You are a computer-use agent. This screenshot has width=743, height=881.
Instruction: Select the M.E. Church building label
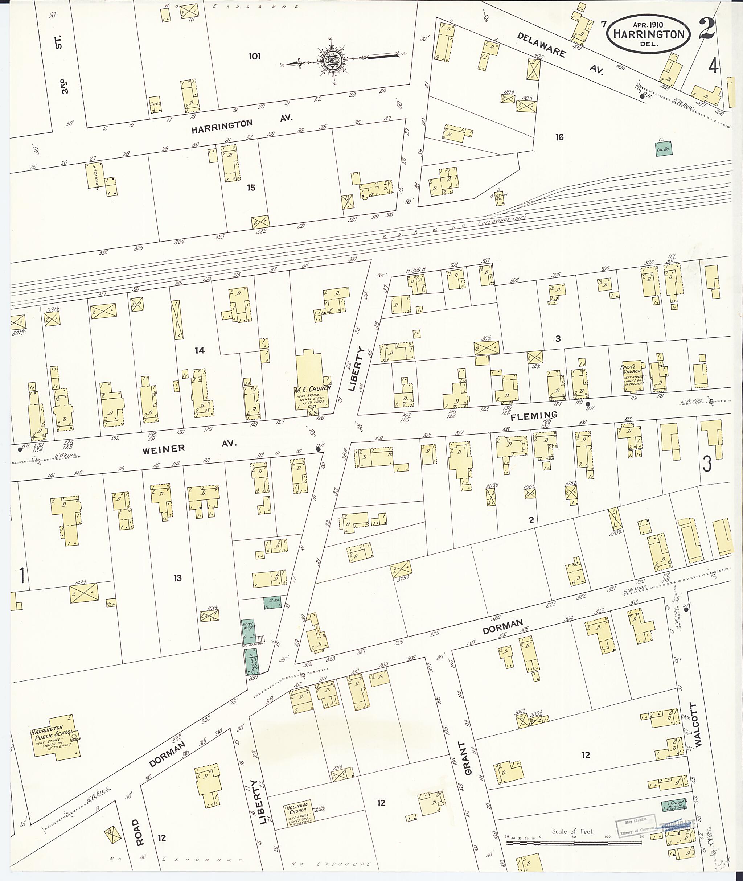(312, 390)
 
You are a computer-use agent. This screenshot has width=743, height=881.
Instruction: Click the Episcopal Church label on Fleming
(632, 369)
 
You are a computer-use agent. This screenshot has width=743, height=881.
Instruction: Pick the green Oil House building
(664, 149)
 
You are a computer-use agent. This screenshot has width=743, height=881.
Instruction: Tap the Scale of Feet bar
(573, 843)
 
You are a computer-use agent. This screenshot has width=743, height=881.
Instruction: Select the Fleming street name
(534, 416)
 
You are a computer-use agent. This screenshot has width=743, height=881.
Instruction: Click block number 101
(254, 57)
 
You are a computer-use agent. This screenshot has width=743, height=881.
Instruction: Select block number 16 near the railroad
(559, 137)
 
